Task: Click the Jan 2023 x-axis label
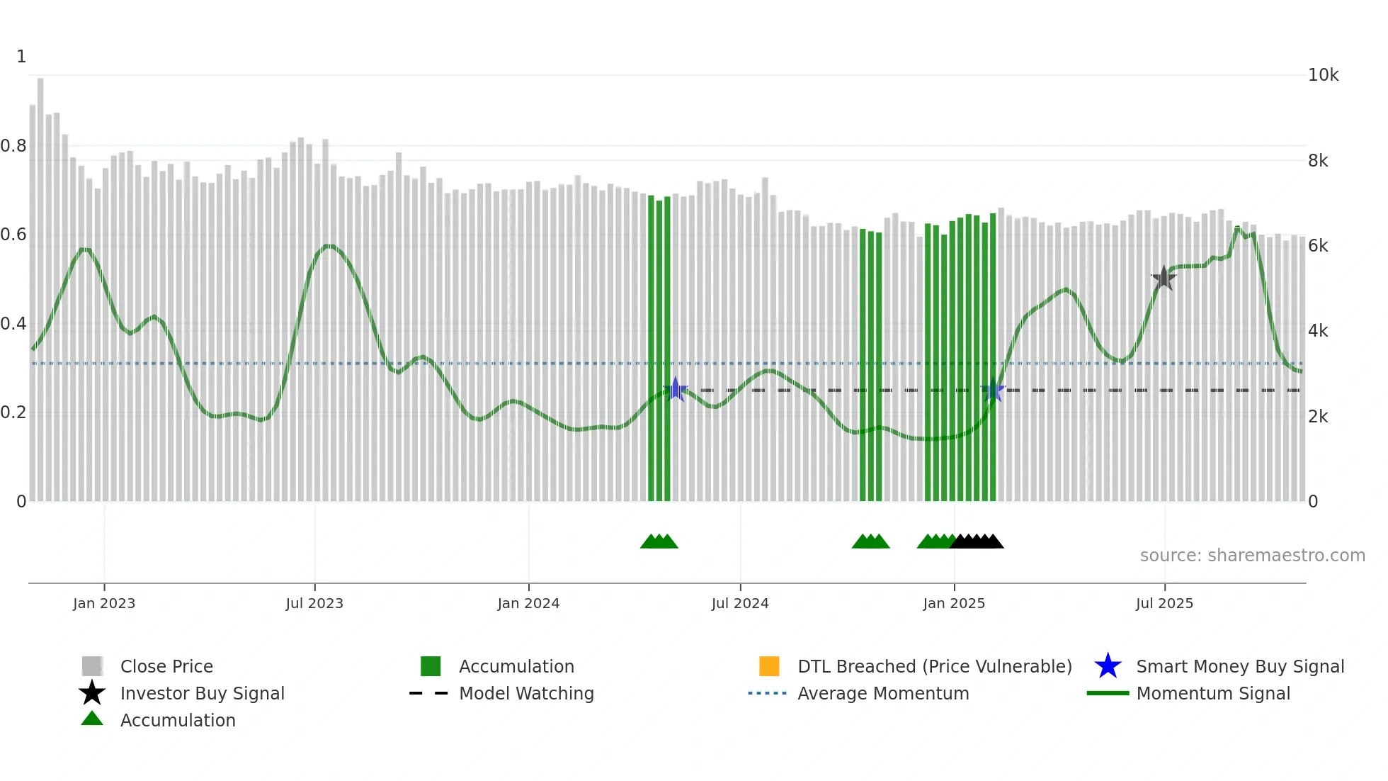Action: coord(103,603)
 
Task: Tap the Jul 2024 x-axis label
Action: coord(740,603)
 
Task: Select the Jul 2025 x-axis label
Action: coord(1164,603)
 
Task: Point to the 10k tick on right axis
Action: coord(1323,75)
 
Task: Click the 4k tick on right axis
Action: coord(1318,331)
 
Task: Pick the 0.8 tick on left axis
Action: coord(13,146)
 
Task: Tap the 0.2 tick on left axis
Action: coord(13,412)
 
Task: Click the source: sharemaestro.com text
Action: coord(1252,556)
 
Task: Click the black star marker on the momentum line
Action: coord(1164,279)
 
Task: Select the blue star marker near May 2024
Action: coord(676,389)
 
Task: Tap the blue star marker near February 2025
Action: coord(994,390)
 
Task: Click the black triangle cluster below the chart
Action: coord(977,541)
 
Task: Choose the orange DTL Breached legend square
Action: coord(769,666)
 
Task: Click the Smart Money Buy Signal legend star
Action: coord(1108,666)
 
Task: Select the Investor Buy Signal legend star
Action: coord(92,693)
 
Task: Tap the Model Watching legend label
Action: coord(526,693)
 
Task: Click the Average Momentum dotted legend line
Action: coord(767,693)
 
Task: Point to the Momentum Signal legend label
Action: coord(1212,693)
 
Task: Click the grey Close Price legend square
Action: coord(92,666)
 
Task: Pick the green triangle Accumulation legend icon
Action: coord(92,719)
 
